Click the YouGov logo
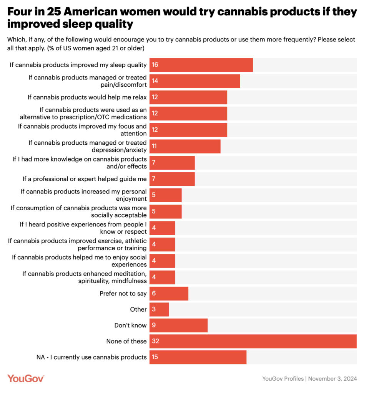(26, 378)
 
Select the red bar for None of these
(253, 341)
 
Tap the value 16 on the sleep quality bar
(155, 65)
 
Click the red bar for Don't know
(178, 325)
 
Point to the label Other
(138, 309)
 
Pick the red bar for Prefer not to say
(169, 293)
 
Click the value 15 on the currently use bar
(155, 357)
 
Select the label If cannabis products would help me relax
(87, 97)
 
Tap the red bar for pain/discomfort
(194, 81)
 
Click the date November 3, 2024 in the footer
(333, 379)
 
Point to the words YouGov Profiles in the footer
(283, 379)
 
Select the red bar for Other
(159, 309)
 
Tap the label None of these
(126, 341)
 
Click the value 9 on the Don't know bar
(153, 325)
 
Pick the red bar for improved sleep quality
(201, 65)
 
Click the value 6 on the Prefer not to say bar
(153, 293)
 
